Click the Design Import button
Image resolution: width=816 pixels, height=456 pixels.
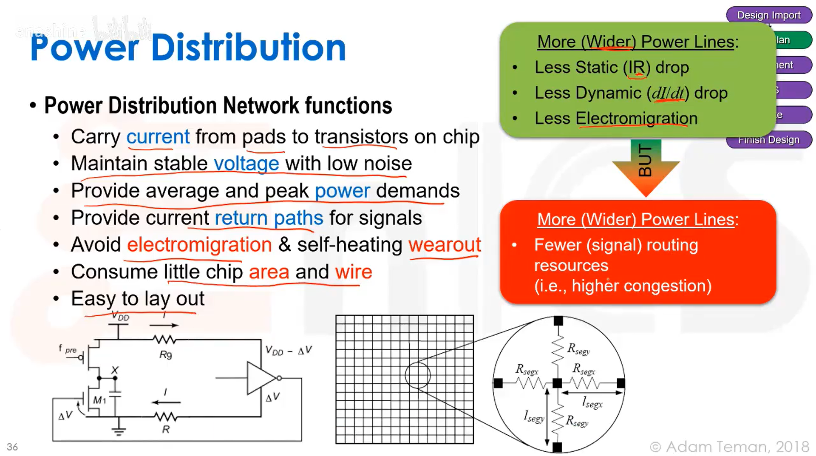tap(768, 15)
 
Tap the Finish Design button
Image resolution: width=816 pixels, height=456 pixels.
tap(768, 140)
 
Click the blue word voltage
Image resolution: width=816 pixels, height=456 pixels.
tap(246, 164)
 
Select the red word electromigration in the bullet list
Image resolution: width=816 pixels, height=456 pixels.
tap(199, 245)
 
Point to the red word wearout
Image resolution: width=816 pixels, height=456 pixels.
tap(445, 245)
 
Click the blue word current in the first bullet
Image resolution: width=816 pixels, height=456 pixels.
tap(158, 137)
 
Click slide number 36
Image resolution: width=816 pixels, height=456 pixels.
tap(12, 447)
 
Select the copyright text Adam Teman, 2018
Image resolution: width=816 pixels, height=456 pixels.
tap(729, 447)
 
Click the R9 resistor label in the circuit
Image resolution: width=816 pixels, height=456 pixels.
tap(165, 355)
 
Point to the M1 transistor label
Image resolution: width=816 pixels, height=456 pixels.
tap(99, 400)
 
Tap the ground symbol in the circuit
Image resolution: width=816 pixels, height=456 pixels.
tap(119, 431)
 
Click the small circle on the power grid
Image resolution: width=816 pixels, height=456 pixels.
tap(417, 375)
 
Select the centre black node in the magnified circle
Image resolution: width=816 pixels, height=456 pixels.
tap(557, 383)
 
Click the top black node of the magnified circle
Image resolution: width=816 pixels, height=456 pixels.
tap(558, 321)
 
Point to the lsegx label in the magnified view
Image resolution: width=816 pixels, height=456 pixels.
tap(592, 402)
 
